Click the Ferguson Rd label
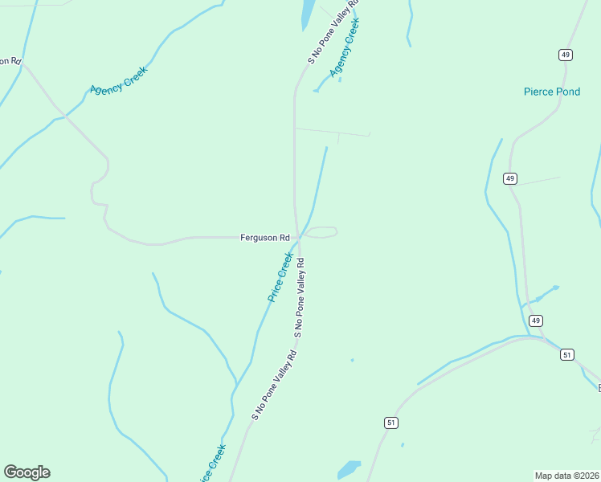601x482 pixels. pyautogui.click(x=265, y=238)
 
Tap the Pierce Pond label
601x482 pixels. pyautogui.click(x=551, y=92)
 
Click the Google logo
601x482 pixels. pyautogui.click(x=27, y=472)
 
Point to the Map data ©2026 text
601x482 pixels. pyautogui.click(x=566, y=475)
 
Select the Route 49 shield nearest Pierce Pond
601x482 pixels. pyautogui.click(x=566, y=55)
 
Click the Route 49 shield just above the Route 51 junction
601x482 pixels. pyautogui.click(x=536, y=321)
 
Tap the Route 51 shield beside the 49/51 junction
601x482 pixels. pyautogui.click(x=567, y=354)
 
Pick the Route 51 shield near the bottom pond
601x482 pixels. pyautogui.click(x=391, y=423)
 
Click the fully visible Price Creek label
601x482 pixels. pyautogui.click(x=280, y=277)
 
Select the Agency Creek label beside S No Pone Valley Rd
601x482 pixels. pyautogui.click(x=345, y=48)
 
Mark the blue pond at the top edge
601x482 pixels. pyautogui.click(x=307, y=12)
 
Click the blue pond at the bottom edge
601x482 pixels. pyautogui.click(x=349, y=468)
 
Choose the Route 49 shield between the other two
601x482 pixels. pyautogui.click(x=510, y=178)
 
